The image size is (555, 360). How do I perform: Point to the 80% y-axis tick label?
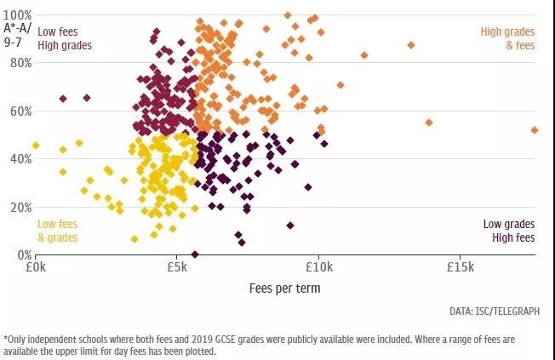[20, 63]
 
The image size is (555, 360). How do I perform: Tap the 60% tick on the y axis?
[20, 111]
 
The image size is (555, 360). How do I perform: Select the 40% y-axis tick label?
[20, 159]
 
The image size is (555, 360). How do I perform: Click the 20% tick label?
[20, 207]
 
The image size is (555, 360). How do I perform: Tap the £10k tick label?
[318, 267]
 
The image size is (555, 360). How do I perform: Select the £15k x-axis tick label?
[460, 267]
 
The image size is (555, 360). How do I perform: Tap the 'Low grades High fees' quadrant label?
[509, 231]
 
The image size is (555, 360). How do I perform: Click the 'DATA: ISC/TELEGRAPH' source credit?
[493, 311]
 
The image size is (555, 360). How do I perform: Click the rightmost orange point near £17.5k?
[535, 130]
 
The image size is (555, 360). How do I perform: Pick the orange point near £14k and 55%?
[429, 123]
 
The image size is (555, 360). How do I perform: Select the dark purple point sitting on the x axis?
[195, 254]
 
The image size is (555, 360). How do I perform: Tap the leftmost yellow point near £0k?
[36, 146]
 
